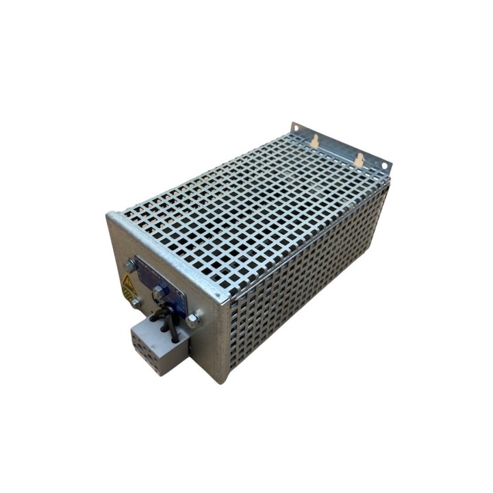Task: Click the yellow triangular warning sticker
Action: [x=127, y=282]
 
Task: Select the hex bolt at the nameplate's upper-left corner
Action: [x=130, y=264]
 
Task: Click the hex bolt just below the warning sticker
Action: [x=136, y=301]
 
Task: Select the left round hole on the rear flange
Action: [x=296, y=128]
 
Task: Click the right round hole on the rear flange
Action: [x=385, y=165]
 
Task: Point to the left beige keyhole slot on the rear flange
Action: [x=314, y=140]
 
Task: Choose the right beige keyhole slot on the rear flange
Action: [x=359, y=160]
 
